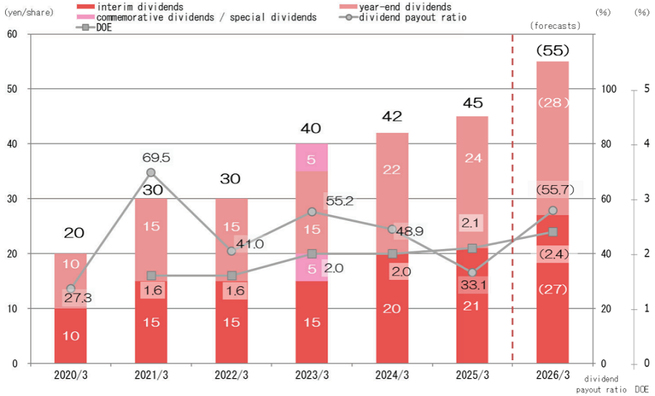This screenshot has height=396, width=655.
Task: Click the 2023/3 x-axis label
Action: click(x=311, y=375)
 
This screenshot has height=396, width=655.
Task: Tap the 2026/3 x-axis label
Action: click(x=552, y=375)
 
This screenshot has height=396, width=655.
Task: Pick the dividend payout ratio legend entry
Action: click(x=413, y=17)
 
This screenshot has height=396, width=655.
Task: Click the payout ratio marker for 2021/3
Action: click(x=151, y=172)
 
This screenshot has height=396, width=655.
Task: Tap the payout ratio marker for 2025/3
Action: click(x=472, y=273)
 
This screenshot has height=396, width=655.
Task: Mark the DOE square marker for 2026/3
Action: click(x=552, y=232)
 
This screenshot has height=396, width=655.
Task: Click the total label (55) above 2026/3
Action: click(x=552, y=50)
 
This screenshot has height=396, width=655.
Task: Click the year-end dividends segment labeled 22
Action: click(x=391, y=169)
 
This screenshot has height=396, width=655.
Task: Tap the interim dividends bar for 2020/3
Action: click(x=70, y=336)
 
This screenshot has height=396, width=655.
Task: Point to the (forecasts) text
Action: click(x=555, y=26)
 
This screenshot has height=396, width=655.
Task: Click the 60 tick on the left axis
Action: click(x=14, y=34)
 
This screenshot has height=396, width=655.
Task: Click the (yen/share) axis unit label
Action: click(x=28, y=13)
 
